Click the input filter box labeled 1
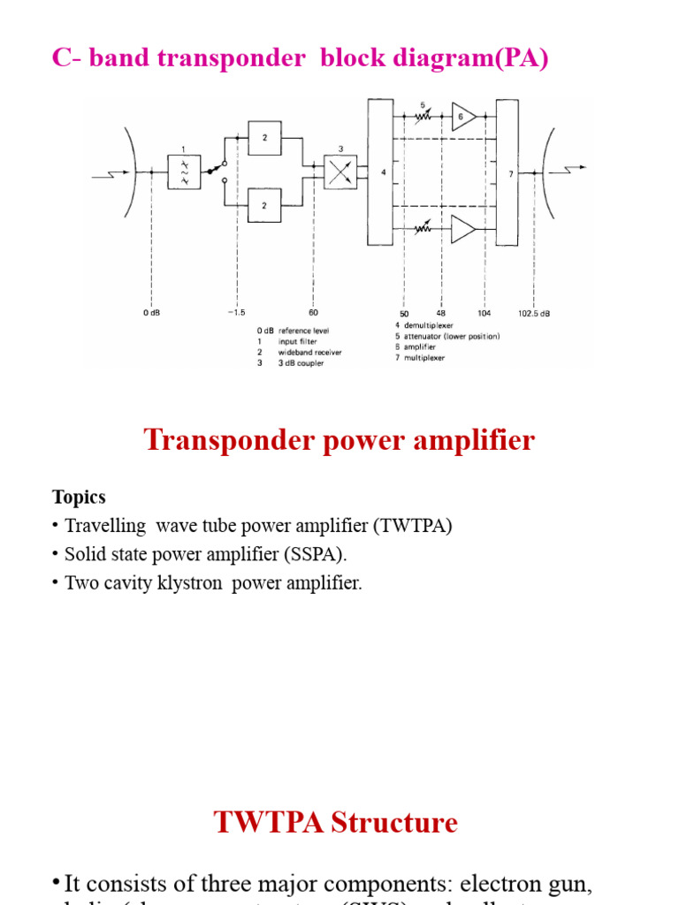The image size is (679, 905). click(184, 171)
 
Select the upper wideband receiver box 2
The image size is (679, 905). click(264, 138)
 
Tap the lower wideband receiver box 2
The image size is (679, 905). click(264, 205)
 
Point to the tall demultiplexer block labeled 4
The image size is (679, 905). click(380, 171)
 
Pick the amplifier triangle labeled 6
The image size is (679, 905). click(463, 116)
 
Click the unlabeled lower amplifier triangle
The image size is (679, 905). click(463, 229)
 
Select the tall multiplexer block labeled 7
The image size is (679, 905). click(507, 171)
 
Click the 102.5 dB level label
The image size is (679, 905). click(534, 313)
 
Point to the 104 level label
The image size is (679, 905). click(484, 313)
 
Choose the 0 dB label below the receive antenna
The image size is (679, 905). click(151, 313)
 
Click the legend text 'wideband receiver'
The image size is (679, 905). click(309, 352)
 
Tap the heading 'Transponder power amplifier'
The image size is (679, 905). click(339, 440)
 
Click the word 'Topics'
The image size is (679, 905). click(79, 497)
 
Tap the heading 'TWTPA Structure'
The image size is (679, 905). click(335, 823)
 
